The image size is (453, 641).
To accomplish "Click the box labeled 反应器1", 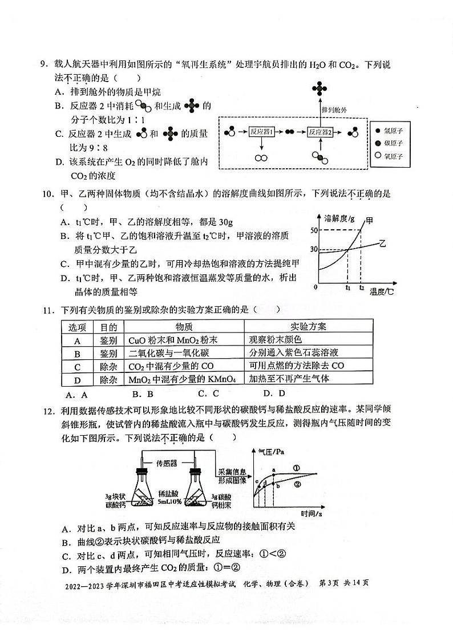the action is (x=262, y=132).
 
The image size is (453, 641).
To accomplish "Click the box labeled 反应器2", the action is (x=320, y=132).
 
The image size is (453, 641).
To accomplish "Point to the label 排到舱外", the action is (x=335, y=109).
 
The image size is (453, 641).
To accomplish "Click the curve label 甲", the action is (x=370, y=219).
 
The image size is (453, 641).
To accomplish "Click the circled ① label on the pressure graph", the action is (x=296, y=468).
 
